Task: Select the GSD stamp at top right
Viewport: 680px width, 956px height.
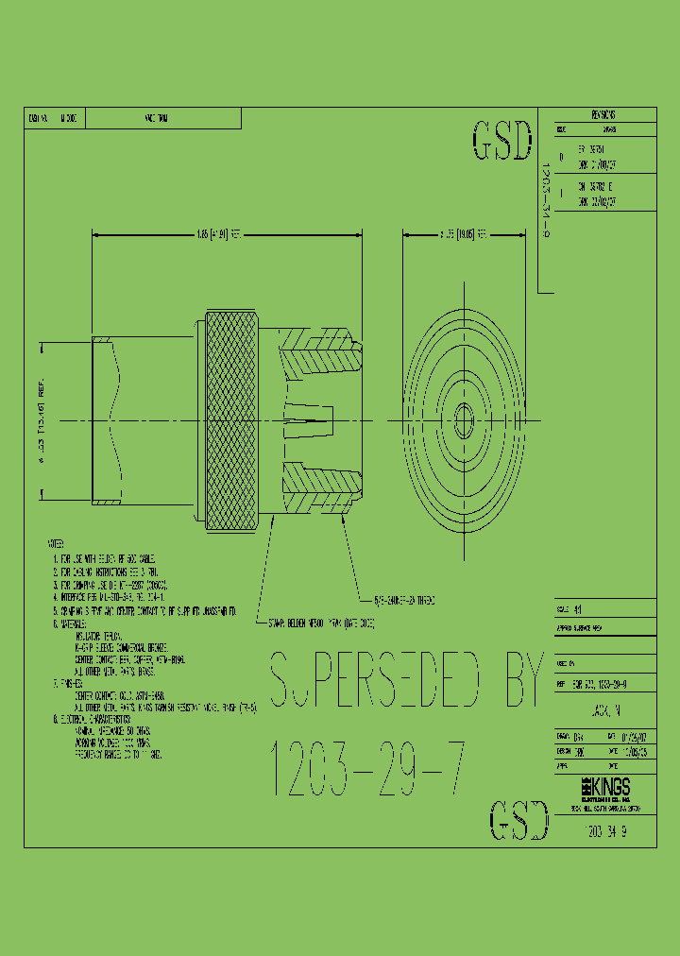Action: (501, 141)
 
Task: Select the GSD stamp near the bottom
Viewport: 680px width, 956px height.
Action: (518, 819)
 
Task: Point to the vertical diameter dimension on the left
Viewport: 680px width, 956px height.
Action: (42, 418)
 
